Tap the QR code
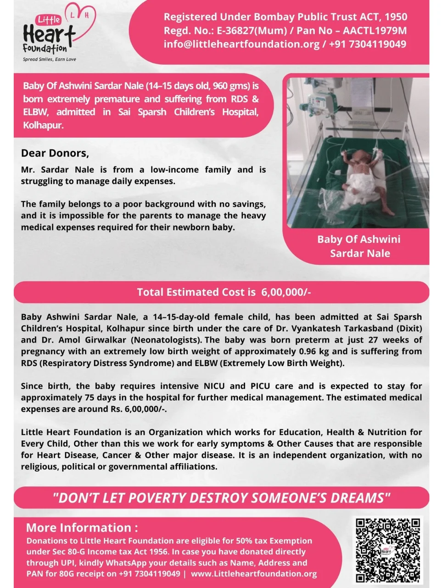point(388,549)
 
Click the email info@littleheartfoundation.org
point(241,44)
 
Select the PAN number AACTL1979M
point(375,31)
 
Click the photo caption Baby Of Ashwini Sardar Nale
point(359,246)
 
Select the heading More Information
point(82,527)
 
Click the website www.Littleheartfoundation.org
point(254,574)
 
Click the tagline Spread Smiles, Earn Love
point(50,59)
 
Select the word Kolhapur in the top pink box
point(43,125)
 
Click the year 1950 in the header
point(396,17)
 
